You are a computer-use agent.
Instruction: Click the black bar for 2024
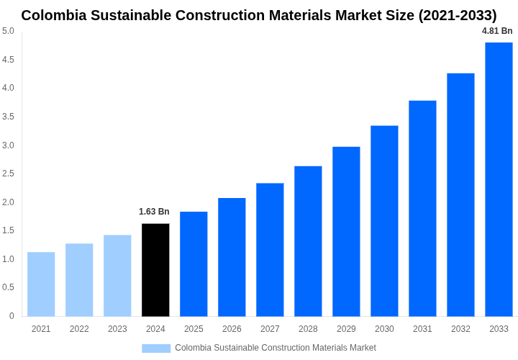pyautogui.click(x=155, y=270)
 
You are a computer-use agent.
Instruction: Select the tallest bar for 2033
pyautogui.click(x=499, y=179)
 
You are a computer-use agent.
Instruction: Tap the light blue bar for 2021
pyautogui.click(x=41, y=284)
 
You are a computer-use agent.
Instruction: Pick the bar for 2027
pyautogui.click(x=270, y=249)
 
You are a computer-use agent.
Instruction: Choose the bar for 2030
pyautogui.click(x=384, y=220)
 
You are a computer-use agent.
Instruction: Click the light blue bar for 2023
pyautogui.click(x=117, y=275)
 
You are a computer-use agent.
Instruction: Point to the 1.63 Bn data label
pyautogui.click(x=154, y=212)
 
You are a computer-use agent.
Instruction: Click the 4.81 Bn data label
pyautogui.click(x=497, y=31)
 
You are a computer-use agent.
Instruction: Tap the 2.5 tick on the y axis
pyautogui.click(x=8, y=174)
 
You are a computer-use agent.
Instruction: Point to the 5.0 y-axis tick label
pyautogui.click(x=8, y=31)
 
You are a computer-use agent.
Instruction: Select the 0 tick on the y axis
pyautogui.click(x=12, y=316)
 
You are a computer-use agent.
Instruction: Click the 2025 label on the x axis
pyautogui.click(x=194, y=329)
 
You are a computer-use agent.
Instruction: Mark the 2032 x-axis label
pyautogui.click(x=460, y=329)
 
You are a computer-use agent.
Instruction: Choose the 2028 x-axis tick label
pyautogui.click(x=308, y=329)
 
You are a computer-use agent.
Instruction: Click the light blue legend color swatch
pyautogui.click(x=156, y=348)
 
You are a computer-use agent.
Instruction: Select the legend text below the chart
pyautogui.click(x=275, y=348)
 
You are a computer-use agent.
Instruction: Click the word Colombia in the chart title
pyautogui.click(x=53, y=15)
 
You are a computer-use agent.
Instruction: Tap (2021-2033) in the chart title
pyautogui.click(x=457, y=15)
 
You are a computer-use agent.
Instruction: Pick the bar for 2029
pyautogui.click(x=346, y=231)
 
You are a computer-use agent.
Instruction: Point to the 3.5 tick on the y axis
pyautogui.click(x=8, y=117)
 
